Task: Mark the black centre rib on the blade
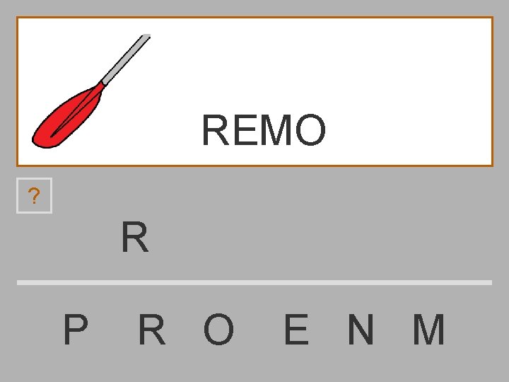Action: [74, 112]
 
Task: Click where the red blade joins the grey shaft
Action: [103, 84]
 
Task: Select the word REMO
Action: [264, 130]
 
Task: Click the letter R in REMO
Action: [215, 130]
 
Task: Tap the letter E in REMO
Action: [243, 130]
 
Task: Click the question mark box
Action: [35, 196]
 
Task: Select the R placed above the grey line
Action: [134, 238]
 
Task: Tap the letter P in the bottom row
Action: [76, 330]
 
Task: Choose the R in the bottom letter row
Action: [152, 330]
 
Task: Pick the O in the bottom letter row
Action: [218, 330]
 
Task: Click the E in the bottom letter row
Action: [296, 330]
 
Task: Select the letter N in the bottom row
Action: [361, 330]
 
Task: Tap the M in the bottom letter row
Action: [428, 330]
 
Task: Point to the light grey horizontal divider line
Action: [255, 282]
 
